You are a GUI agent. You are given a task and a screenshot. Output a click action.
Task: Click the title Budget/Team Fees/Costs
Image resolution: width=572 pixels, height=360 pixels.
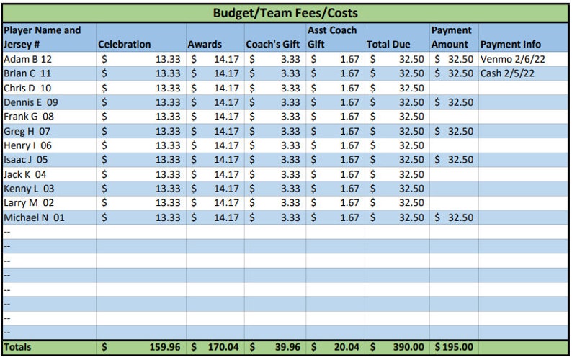[x=285, y=13]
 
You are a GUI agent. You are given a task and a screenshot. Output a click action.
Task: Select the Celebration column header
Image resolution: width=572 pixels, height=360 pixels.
[x=124, y=45]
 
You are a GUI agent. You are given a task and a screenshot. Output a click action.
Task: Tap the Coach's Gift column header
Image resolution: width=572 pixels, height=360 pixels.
[x=274, y=45]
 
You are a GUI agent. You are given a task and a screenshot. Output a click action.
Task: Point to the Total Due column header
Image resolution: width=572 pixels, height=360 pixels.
[x=388, y=45]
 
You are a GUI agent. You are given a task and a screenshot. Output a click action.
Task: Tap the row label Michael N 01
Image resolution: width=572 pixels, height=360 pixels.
[x=34, y=217]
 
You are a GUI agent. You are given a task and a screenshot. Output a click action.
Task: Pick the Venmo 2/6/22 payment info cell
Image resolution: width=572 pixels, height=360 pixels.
[x=512, y=59]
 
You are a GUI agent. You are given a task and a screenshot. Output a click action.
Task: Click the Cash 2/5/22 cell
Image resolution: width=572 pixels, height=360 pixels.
[x=507, y=73]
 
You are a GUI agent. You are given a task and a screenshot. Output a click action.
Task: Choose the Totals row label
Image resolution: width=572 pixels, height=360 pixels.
[x=18, y=348]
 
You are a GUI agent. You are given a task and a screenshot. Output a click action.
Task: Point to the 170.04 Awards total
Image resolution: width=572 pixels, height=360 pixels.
[x=223, y=348]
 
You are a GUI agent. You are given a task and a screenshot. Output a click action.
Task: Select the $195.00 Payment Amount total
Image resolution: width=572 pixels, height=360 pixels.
[x=454, y=348]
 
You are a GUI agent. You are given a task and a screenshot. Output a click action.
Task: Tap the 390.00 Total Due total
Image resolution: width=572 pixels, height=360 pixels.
[x=408, y=348]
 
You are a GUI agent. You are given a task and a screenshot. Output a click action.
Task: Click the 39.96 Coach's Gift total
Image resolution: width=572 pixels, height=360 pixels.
[x=287, y=348]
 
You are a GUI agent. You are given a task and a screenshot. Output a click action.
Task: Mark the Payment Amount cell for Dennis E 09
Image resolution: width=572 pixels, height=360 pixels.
[x=454, y=102]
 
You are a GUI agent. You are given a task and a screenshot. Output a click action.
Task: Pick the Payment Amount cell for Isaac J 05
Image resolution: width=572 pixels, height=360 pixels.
[x=454, y=160]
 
